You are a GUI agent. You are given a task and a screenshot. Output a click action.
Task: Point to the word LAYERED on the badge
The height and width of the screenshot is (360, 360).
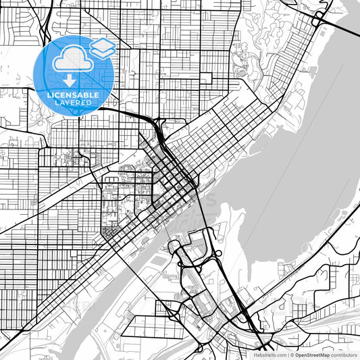point(74,103)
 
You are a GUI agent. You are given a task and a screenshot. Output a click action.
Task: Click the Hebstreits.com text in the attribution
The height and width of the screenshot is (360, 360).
point(269,354)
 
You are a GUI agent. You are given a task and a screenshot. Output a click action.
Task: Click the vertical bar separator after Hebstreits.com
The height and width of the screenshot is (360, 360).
point(288,354)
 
